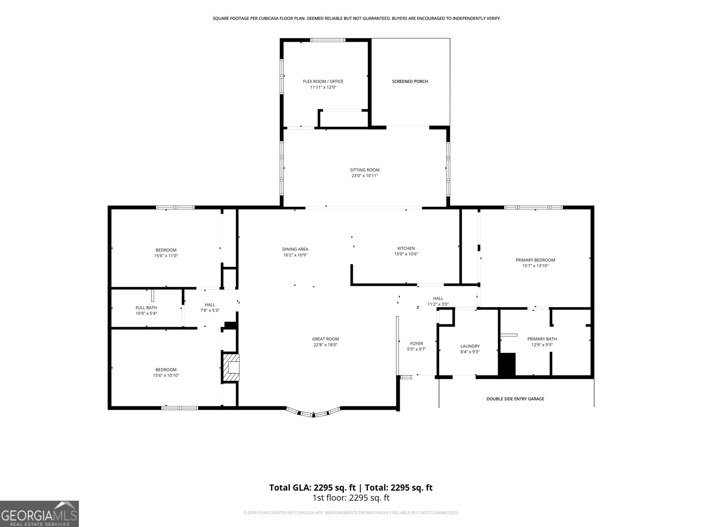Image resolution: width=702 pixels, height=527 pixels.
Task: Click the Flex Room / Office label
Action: [323, 82]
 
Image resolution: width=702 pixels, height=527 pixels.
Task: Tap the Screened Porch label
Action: [410, 82]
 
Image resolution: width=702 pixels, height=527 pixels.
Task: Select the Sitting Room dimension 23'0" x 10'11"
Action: [365, 176]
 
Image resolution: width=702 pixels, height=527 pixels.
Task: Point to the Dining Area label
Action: [295, 249]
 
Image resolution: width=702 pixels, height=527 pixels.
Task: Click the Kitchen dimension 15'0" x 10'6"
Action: [406, 254]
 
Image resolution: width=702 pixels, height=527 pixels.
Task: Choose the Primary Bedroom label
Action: [535, 260]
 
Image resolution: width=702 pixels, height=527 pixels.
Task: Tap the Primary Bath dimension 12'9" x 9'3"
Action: [542, 345]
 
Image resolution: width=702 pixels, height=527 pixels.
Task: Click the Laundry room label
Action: [470, 346]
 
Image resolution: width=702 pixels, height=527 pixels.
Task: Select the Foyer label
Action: [416, 344]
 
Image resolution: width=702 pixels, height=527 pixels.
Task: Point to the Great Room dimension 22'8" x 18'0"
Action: [325, 345]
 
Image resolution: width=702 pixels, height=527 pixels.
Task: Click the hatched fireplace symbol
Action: [231, 367]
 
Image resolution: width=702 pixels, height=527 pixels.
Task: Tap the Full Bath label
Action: [146, 308]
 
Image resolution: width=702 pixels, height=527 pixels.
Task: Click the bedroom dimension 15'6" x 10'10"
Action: [166, 375]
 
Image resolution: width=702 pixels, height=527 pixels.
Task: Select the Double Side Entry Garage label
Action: [515, 399]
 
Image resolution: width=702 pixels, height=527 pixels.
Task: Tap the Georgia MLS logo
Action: [39, 513]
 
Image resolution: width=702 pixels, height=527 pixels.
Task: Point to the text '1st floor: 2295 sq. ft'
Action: [351, 498]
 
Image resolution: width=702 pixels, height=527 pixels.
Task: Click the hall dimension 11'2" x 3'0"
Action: [438, 304]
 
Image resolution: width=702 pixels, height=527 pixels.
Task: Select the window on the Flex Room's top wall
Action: [328, 40]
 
